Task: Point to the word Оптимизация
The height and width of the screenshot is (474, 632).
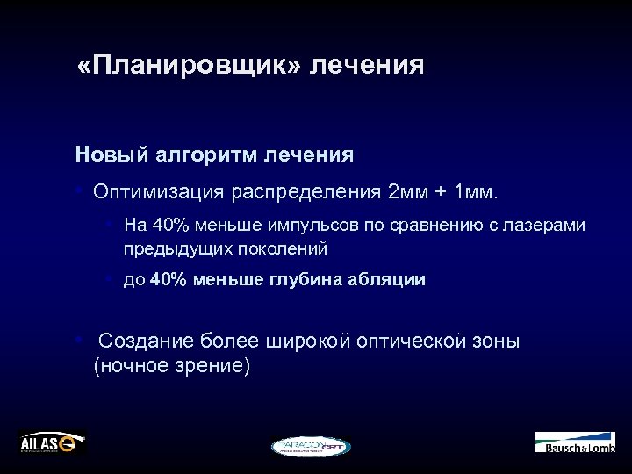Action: click(159, 191)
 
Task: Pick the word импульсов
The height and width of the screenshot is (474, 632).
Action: click(310, 226)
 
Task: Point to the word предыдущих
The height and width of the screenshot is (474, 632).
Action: click(168, 248)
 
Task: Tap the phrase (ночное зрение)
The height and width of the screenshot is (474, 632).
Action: click(172, 364)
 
